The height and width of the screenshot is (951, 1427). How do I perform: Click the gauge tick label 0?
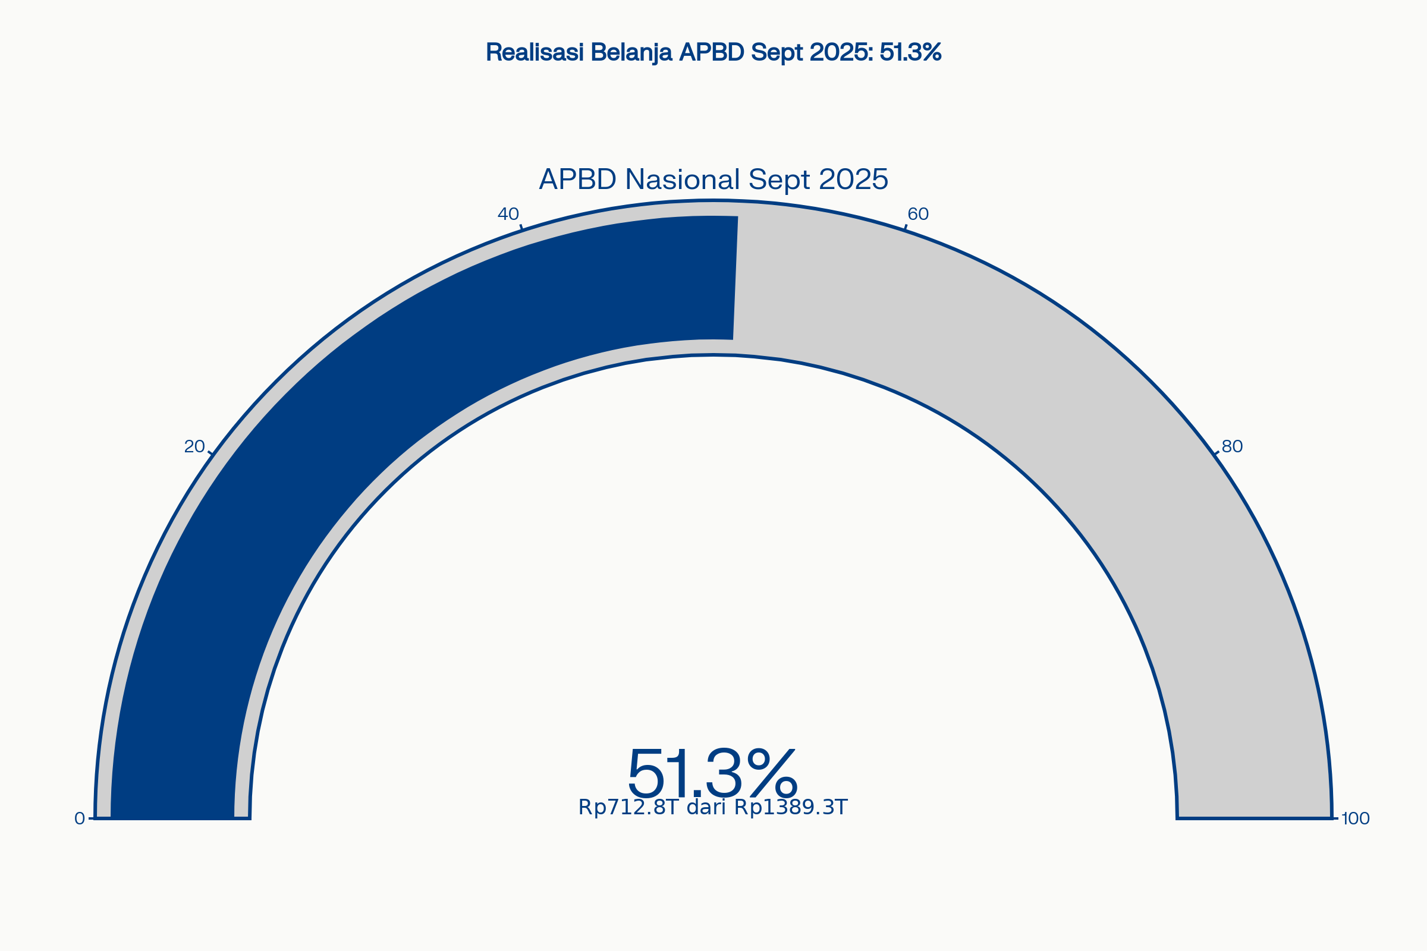80,819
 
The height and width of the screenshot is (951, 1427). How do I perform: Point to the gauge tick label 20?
194,446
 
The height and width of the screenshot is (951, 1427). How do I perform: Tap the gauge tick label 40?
508,213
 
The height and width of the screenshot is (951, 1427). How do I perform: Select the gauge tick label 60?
918,213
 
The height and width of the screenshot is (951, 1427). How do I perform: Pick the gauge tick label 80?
1232,446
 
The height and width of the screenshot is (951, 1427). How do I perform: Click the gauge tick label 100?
1356,819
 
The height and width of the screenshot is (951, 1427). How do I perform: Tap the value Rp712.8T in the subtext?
628,808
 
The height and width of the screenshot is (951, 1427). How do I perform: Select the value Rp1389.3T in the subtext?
791,808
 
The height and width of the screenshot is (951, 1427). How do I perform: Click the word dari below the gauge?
706,807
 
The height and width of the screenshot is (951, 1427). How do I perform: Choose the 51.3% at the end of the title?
911,52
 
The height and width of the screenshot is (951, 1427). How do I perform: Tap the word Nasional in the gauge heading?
683,179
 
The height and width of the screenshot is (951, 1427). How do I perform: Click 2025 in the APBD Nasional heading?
854,179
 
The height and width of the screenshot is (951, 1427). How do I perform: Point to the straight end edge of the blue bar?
735,278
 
